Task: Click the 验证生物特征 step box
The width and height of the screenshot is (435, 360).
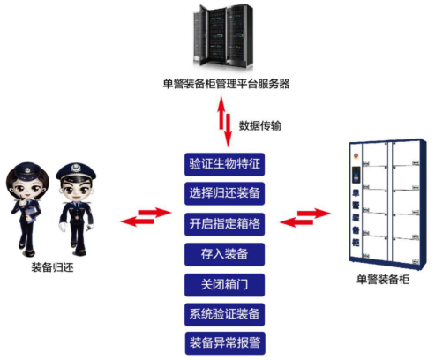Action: pos(224,164)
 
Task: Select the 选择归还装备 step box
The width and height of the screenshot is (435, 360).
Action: pos(224,193)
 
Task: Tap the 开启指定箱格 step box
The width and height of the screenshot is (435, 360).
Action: pos(224,224)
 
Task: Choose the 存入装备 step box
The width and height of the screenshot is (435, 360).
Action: pos(224,254)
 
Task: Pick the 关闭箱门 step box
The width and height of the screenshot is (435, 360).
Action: pos(224,285)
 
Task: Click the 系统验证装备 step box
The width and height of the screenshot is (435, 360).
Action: pos(224,314)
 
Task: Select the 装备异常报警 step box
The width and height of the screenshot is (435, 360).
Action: pos(225,343)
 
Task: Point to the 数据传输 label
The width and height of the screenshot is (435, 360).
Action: pos(259,125)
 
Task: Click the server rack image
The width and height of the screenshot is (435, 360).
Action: pos(223,36)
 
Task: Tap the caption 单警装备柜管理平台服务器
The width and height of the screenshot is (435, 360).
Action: pos(226,84)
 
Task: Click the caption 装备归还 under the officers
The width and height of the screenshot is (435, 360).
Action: pos(52,267)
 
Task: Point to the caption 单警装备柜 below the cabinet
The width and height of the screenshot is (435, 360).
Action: pos(383,280)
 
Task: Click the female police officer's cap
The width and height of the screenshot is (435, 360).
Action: pos(28,170)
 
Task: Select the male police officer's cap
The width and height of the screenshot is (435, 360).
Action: pos(76,172)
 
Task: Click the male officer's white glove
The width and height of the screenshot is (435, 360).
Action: pos(64,228)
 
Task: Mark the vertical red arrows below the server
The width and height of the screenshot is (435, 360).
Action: pos(225,121)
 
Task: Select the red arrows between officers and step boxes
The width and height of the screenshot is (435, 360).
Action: pos(146,217)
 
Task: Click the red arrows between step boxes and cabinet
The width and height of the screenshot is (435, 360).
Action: pos(305,217)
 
